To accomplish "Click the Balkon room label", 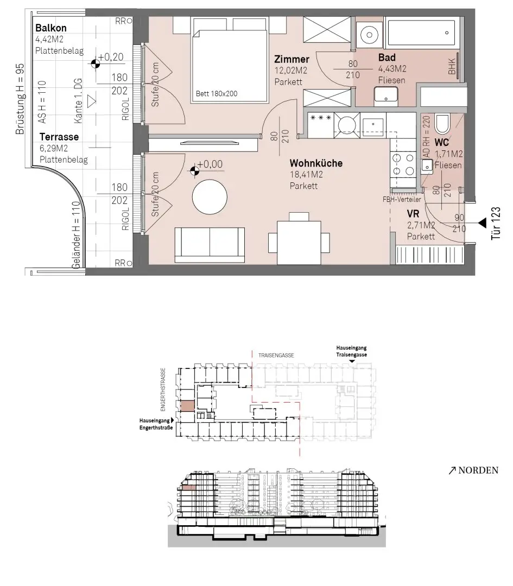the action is click(x=51, y=28).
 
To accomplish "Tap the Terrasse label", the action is click(x=59, y=137).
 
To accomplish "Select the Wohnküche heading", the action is click(x=316, y=163).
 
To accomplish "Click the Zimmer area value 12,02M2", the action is click(x=291, y=70).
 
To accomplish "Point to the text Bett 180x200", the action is click(x=217, y=93).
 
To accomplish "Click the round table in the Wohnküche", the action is click(x=210, y=198).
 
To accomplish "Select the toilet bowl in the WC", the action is click(x=442, y=124).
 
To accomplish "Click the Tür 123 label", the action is click(x=496, y=223).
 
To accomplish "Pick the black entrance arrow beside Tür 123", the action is click(x=483, y=223).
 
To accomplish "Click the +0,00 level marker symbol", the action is click(x=194, y=171).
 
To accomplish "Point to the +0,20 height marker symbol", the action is click(x=96, y=63).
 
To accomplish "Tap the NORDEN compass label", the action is click(x=474, y=470).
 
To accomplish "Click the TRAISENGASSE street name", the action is click(x=276, y=355).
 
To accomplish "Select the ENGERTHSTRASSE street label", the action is click(x=163, y=390).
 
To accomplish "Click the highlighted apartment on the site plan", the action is click(x=187, y=406).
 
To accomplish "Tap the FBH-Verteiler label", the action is click(x=402, y=200).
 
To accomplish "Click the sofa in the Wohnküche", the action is click(x=210, y=245).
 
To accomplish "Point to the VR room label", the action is click(x=413, y=214).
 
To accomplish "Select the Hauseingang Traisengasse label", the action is click(x=351, y=351).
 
